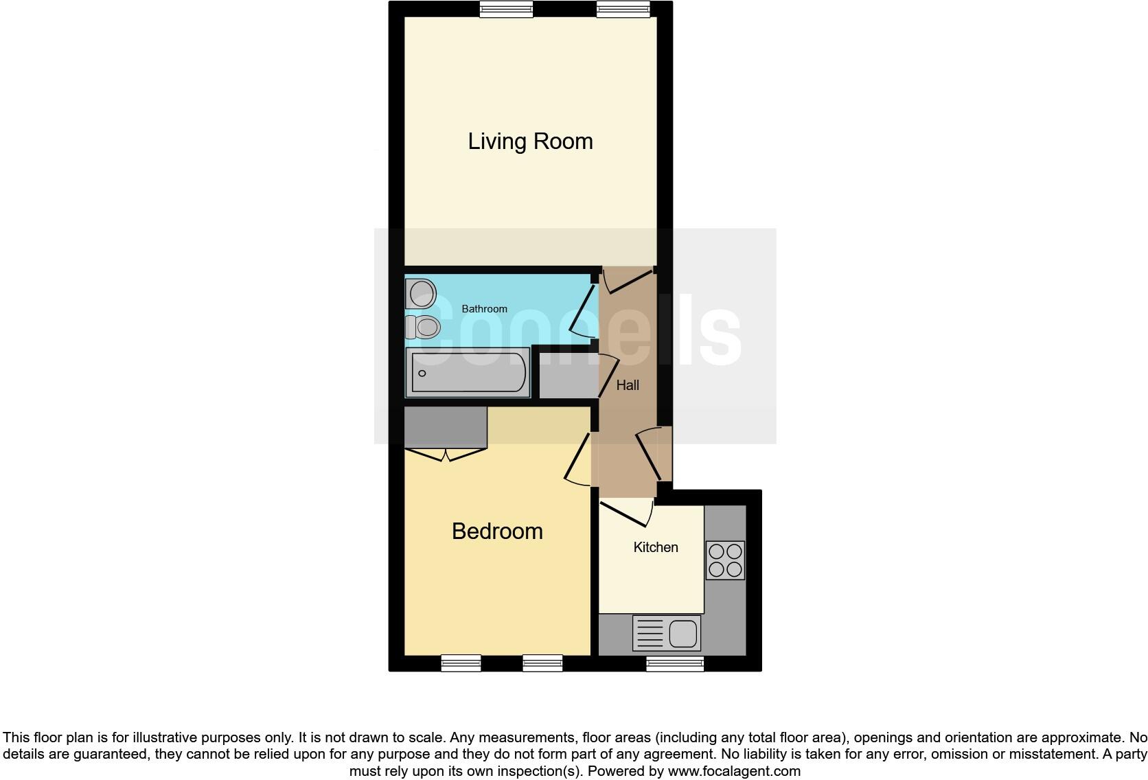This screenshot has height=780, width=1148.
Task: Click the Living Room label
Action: (x=530, y=141)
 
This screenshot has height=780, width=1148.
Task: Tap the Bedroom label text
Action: (x=497, y=531)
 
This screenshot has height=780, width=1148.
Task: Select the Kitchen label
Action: (x=655, y=547)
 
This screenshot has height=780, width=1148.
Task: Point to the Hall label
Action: (x=627, y=385)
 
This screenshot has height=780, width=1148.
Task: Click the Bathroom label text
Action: (x=484, y=309)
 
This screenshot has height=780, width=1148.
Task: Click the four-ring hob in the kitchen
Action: (x=725, y=560)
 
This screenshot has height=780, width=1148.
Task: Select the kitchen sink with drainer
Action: (x=666, y=632)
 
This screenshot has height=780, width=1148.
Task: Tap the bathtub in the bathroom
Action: (x=468, y=373)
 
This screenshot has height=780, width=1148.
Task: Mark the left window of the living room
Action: (x=506, y=10)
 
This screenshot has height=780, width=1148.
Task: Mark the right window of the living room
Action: (x=623, y=10)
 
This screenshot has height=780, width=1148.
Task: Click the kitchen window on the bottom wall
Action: (x=675, y=663)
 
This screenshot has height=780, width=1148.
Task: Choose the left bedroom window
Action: (x=461, y=663)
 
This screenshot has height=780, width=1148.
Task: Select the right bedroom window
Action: (x=542, y=663)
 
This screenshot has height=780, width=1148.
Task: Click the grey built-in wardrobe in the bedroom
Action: (x=445, y=426)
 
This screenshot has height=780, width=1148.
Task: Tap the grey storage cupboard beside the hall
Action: (x=568, y=376)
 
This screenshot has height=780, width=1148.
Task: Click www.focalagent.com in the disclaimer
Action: (x=733, y=771)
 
